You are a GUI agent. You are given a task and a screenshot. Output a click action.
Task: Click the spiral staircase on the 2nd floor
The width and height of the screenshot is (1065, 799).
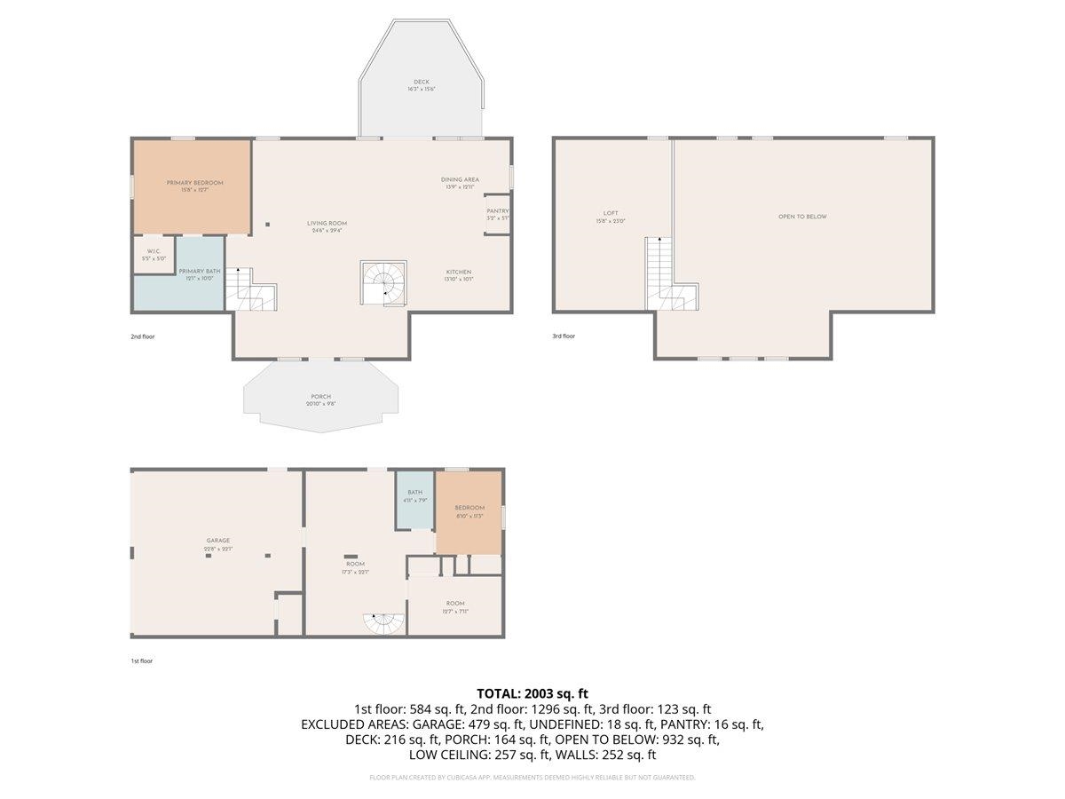pos(383,283)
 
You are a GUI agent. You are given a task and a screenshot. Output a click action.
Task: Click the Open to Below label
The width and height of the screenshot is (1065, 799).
pos(802,217)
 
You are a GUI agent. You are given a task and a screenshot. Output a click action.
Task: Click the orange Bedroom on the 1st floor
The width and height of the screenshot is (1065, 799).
pos(469,511)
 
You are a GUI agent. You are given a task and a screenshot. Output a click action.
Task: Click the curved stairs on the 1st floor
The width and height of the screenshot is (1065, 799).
pos(383,624)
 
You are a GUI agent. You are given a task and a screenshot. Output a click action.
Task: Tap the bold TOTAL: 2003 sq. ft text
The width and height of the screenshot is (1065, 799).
pos(532,693)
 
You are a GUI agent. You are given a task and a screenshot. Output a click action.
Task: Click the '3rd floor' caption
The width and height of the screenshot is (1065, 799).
pos(564,336)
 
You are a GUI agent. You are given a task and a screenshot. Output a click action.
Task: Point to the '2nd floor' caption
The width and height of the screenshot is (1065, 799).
pos(142,336)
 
